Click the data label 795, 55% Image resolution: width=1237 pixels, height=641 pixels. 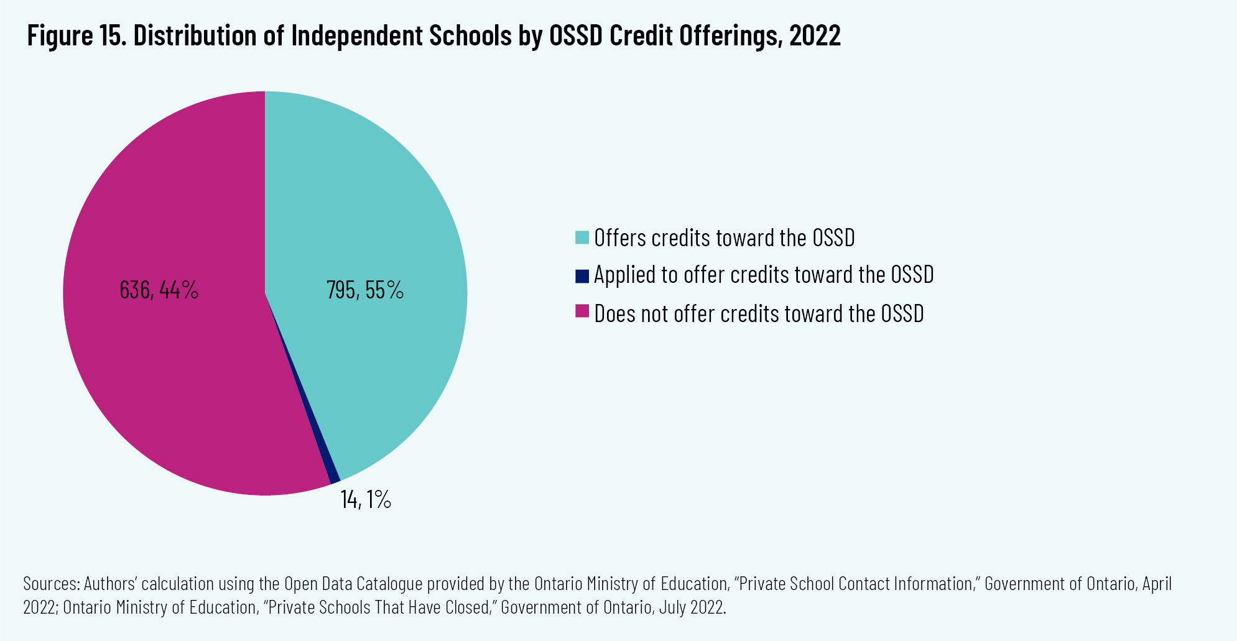tap(365, 290)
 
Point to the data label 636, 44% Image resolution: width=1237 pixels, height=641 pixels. tap(159, 290)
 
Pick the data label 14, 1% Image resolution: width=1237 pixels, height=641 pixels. tap(366, 500)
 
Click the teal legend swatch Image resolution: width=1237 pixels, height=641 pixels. tap(582, 237)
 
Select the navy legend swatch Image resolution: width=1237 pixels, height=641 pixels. tap(582, 275)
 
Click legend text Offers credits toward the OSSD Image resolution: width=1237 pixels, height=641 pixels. tap(725, 237)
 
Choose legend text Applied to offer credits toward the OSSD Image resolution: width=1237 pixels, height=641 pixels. tap(764, 275)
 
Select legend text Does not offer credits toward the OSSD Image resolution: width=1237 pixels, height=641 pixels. tap(759, 313)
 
